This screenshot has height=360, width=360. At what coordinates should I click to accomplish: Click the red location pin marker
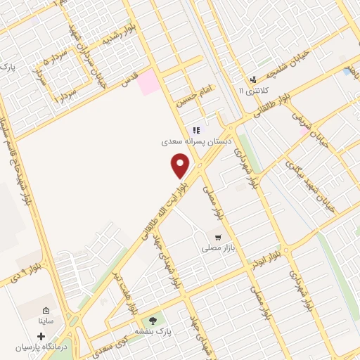pos(181,166)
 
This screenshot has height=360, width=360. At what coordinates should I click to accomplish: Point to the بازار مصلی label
pos(217,248)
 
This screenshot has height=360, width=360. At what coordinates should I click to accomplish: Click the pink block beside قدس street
pos(148,82)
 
